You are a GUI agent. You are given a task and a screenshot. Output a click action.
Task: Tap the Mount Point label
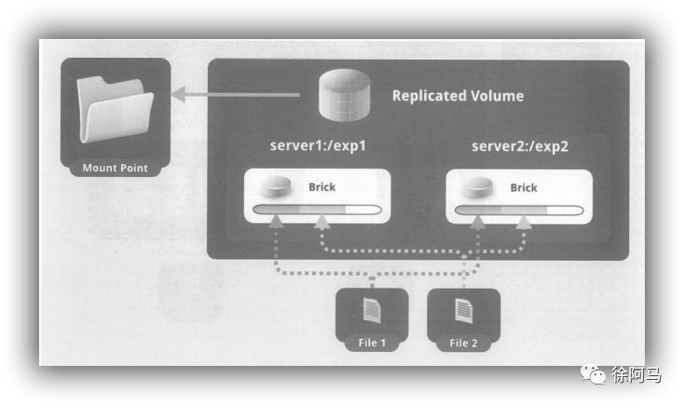115,169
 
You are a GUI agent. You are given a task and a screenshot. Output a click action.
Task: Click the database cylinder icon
341,96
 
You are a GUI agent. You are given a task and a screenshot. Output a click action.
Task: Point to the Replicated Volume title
457,96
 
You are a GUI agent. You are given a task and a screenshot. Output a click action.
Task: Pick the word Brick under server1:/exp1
321,187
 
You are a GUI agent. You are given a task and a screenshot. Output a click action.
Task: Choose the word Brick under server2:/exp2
524,187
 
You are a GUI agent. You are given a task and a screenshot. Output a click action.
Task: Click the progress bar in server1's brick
321,209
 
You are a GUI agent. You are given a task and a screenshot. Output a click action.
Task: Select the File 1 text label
371,343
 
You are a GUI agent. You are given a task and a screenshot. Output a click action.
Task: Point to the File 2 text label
463,343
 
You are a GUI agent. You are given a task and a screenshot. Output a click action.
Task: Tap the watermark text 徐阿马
636,374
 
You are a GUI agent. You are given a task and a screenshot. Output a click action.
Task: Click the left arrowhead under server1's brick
277,223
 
